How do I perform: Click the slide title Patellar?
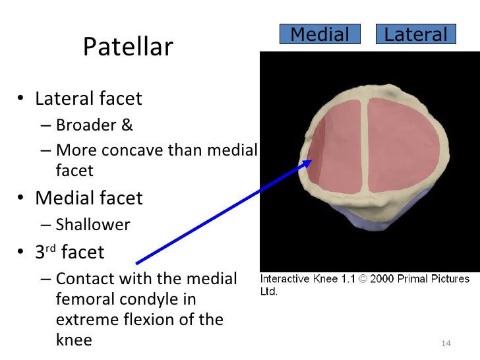pyautogui.click(x=128, y=47)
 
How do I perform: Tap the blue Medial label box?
pyautogui.click(x=320, y=34)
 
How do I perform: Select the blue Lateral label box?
pyautogui.click(x=415, y=34)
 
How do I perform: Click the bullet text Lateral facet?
pyautogui.click(x=88, y=99)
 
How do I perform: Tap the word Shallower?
pyautogui.click(x=93, y=225)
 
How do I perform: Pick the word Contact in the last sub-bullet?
pyautogui.click(x=82, y=279)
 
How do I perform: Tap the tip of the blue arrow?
pyautogui.click(x=311, y=162)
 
